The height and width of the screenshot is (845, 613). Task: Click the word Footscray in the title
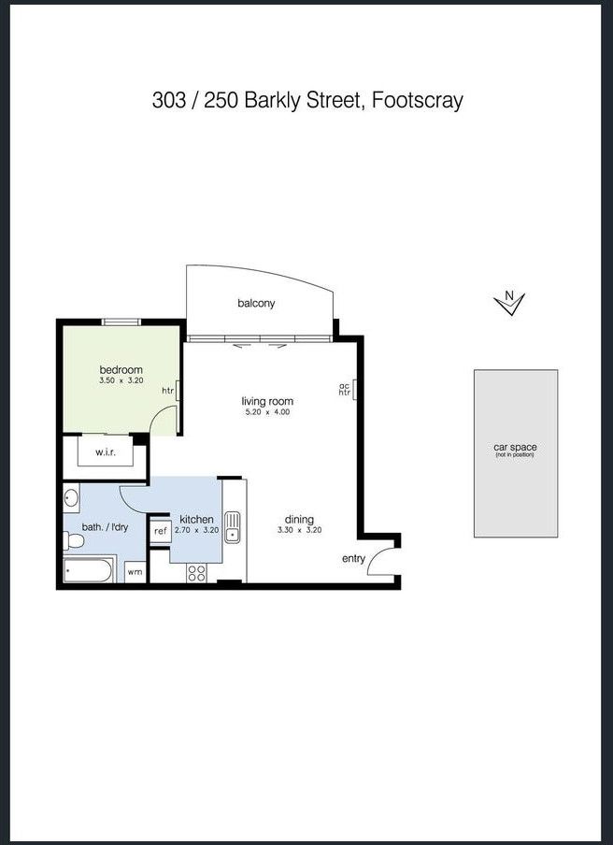coord(418,101)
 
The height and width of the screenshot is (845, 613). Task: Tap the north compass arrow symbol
coord(509,303)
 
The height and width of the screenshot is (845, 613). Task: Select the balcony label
coord(256,304)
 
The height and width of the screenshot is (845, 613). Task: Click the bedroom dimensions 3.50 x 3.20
coord(121,380)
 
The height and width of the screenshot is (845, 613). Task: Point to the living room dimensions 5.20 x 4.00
coord(267,412)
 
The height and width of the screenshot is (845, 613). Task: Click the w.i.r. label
coord(106,452)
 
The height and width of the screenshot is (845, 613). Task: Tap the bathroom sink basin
coord(71,497)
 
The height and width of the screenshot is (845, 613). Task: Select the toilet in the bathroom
coord(73,541)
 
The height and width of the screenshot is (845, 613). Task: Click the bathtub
coord(89,570)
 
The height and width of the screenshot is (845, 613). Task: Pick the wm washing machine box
coord(135,572)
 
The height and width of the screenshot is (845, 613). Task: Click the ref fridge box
coord(160,531)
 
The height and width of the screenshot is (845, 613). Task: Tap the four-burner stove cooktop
coord(196,573)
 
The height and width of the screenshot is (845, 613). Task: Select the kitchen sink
coord(232,527)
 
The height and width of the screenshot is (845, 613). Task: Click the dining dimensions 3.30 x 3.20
coord(300,530)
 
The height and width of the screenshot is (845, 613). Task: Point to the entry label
coord(353,559)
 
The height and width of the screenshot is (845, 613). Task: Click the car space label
coord(515,448)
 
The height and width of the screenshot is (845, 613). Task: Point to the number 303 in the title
coord(168,101)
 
